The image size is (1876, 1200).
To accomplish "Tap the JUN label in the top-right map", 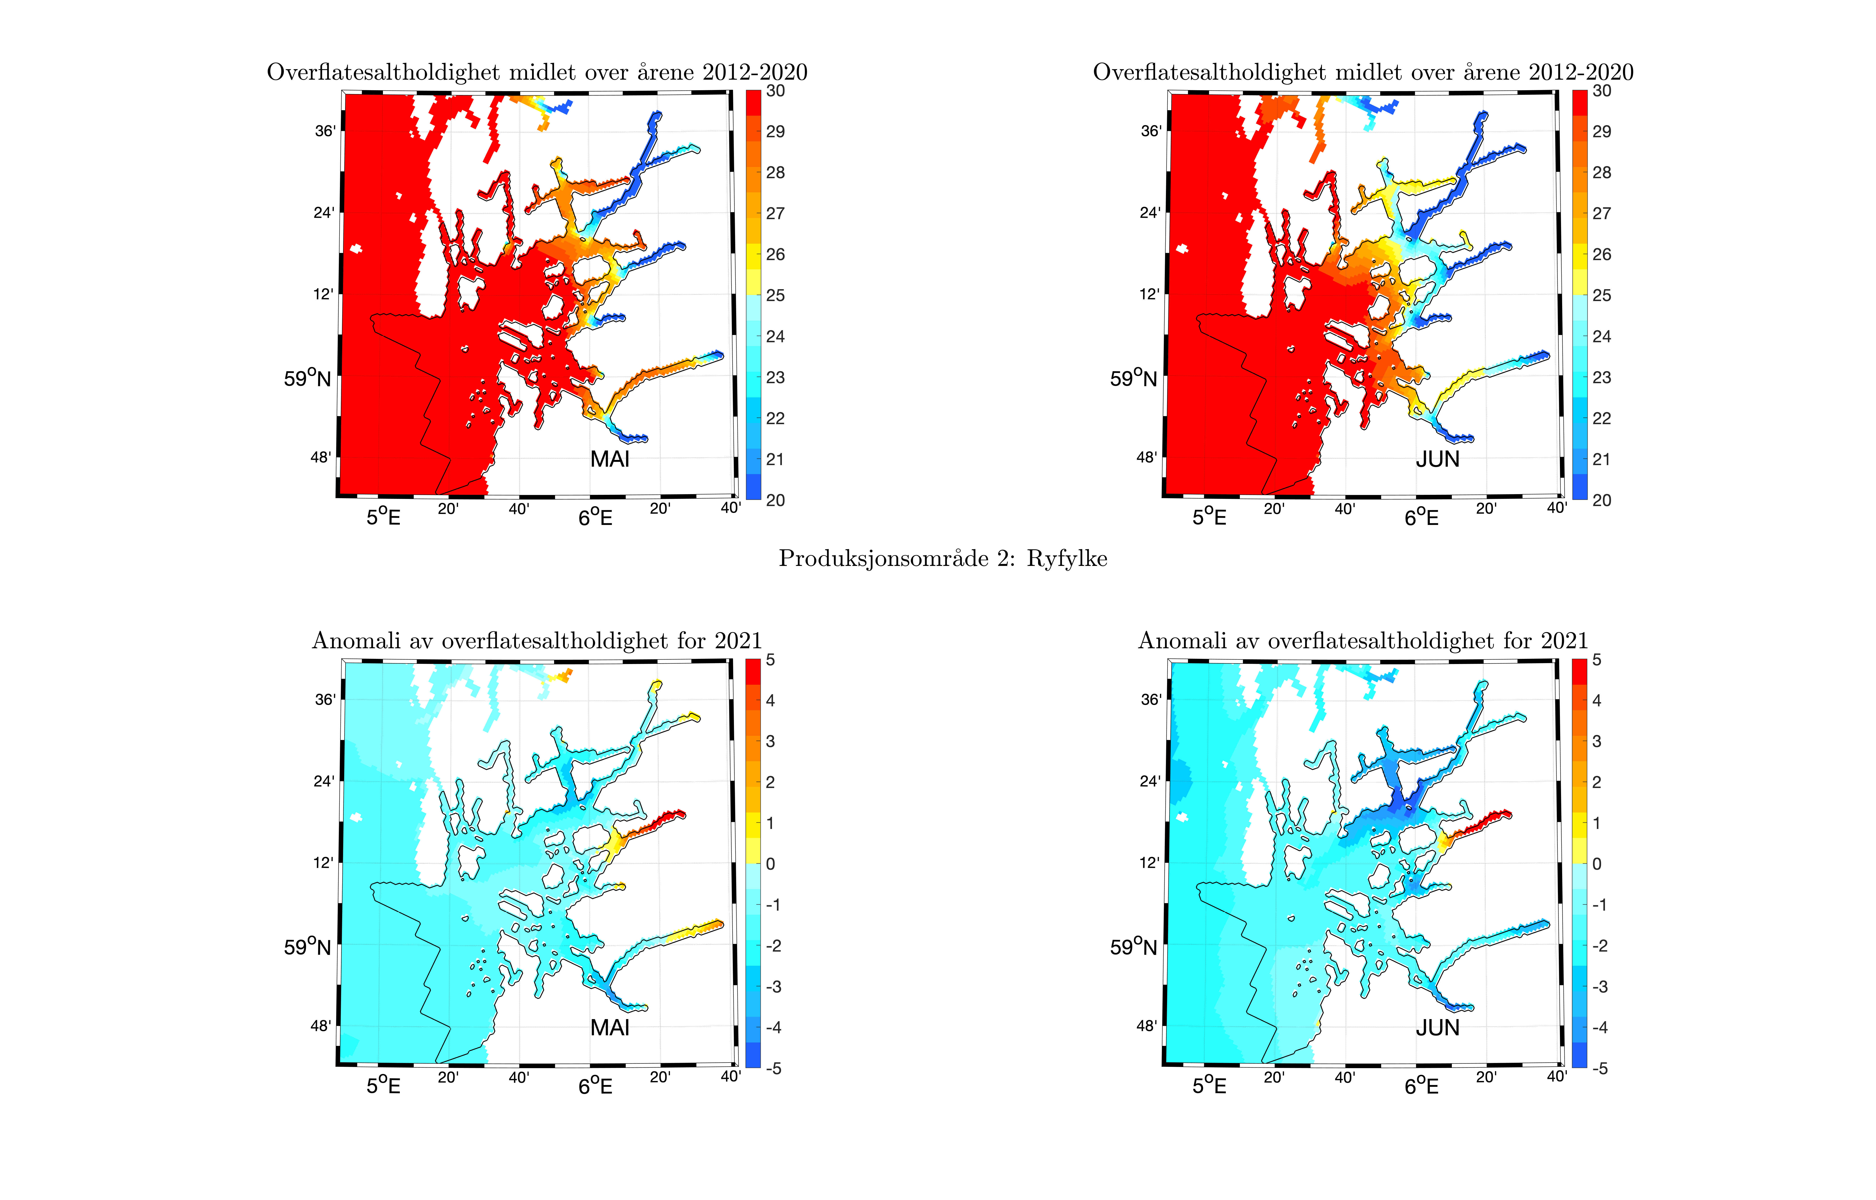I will tap(1437, 459).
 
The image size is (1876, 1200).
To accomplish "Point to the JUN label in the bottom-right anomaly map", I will tap(1437, 1028).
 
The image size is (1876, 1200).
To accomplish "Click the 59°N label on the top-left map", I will tap(307, 379).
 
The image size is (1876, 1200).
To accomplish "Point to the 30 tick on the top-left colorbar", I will tap(776, 91).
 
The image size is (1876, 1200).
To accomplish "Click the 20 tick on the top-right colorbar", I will tap(1602, 500).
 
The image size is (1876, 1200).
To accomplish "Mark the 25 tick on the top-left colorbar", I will tap(776, 295).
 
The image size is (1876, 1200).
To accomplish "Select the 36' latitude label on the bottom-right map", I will tap(1150, 700).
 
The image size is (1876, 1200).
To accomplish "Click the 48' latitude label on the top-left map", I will tap(320, 457).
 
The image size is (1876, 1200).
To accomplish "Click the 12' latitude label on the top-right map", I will tap(1149, 295).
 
